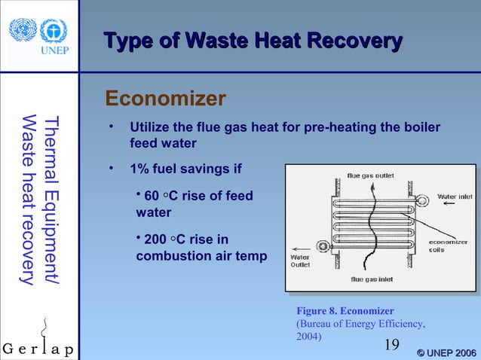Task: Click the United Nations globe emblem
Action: point(23,29)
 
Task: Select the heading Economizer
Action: point(165,99)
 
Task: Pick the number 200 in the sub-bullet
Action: point(155,239)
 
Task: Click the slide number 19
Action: point(391,345)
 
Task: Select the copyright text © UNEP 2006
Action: point(446,351)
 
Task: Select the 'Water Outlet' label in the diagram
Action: point(299,260)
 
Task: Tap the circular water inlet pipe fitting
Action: point(422,200)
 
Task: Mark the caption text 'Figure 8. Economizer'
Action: point(346,310)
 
